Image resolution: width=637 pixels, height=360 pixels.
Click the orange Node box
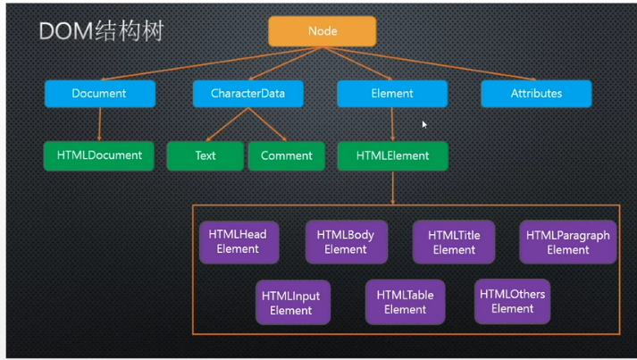322,31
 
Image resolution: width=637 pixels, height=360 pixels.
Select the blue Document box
99,94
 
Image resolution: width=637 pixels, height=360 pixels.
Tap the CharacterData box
247,94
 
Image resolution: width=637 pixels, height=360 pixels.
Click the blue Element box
391,94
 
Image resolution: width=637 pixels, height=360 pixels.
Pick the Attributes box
536,94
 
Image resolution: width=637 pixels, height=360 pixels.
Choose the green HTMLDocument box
99,155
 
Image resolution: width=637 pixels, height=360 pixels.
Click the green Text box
205,155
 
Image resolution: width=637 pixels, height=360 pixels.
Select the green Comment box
286,155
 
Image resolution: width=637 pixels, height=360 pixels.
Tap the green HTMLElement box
392,155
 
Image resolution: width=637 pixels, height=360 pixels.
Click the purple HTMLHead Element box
237,242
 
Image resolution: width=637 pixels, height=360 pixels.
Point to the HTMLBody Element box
345,242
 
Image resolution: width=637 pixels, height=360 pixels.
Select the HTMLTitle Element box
454,242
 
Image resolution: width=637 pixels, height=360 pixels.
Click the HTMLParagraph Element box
567,242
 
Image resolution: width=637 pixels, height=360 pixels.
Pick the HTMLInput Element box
290,303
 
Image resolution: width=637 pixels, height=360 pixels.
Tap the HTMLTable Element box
405,302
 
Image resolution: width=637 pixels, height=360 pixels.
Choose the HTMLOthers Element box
512,301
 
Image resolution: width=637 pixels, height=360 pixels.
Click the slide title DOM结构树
101,32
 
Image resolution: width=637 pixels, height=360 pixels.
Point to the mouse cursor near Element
424,124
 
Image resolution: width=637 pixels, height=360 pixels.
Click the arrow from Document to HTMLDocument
99,124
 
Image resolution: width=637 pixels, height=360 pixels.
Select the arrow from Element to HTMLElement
392,124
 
